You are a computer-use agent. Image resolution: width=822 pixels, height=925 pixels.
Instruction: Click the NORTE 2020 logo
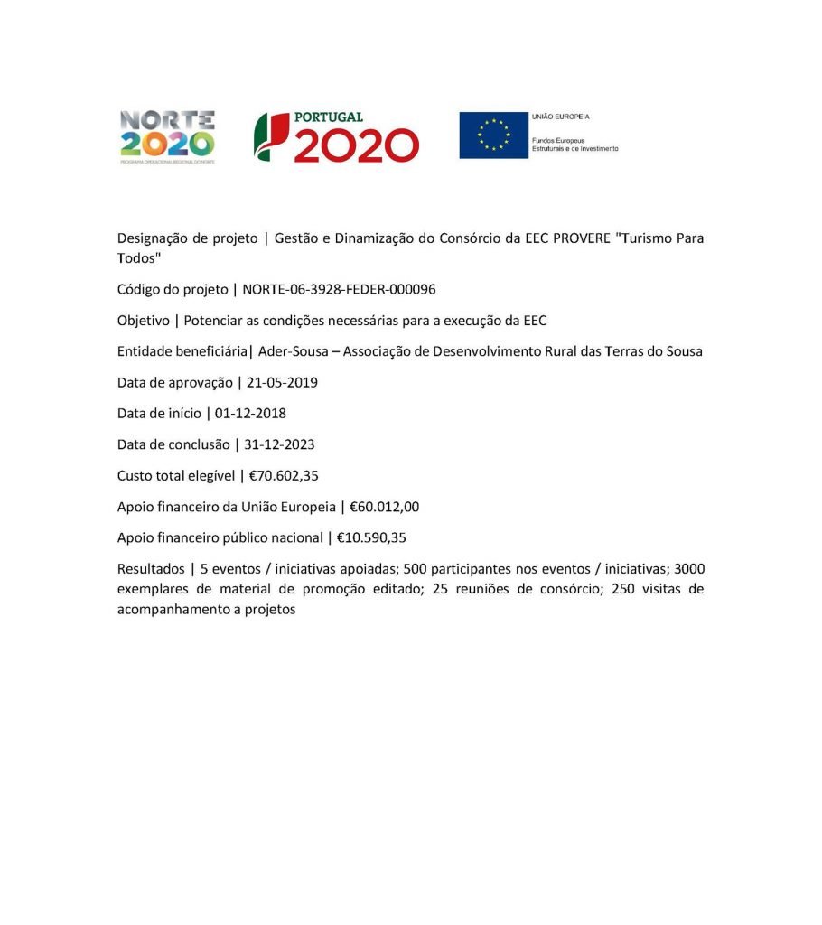pos(167,136)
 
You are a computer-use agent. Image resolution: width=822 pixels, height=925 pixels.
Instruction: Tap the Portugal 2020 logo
pos(336,136)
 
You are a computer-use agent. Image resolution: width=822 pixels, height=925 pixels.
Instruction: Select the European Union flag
pos(493,135)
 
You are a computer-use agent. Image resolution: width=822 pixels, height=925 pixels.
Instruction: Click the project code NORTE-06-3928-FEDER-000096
pos(340,289)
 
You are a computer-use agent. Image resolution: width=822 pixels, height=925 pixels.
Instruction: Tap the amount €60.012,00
pos(384,507)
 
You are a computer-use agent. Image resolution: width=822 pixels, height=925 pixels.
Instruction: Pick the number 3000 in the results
pos(689,569)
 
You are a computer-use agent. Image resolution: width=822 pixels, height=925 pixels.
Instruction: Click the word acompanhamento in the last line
pos(172,610)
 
